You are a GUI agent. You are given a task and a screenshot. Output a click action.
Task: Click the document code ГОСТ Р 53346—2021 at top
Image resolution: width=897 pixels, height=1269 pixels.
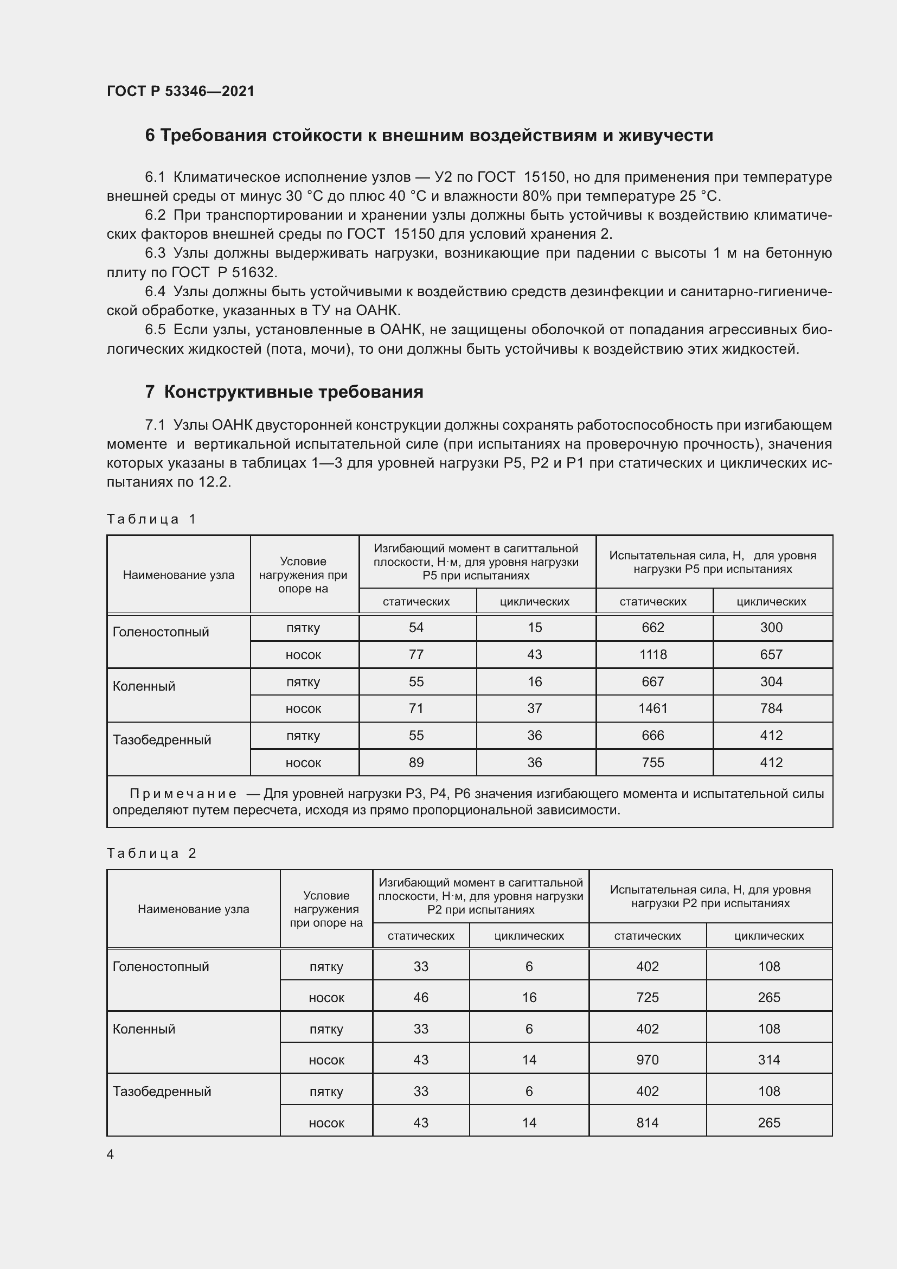181,91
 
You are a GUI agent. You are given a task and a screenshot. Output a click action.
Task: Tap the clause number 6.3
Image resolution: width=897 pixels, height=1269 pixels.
155,253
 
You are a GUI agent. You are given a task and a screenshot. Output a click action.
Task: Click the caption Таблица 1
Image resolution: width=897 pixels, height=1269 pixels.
151,519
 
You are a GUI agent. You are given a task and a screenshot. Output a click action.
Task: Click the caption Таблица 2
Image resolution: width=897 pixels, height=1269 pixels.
151,853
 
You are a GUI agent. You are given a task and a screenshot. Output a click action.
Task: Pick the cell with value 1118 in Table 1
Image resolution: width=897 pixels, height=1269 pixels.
653,654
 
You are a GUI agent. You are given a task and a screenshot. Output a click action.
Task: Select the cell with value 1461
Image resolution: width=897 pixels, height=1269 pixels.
653,708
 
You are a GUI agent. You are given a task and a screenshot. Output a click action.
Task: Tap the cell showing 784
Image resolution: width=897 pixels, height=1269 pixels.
771,708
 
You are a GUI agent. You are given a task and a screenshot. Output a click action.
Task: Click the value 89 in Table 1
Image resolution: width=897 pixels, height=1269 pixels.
416,762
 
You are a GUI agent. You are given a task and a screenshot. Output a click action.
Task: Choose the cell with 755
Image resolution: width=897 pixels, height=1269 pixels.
653,762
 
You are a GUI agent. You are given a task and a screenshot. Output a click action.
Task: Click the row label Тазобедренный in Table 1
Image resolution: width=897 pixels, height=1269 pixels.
162,739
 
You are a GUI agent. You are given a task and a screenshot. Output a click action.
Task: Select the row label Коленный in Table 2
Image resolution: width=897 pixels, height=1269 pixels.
144,1029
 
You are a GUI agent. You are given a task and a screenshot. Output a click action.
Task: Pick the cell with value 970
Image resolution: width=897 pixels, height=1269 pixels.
648,1060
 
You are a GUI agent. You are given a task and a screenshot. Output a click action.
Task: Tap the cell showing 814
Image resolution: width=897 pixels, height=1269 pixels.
648,1123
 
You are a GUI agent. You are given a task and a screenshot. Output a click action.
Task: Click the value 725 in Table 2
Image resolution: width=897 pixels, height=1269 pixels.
648,997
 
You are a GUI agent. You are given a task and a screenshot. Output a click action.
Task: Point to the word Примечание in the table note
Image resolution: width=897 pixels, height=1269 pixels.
183,794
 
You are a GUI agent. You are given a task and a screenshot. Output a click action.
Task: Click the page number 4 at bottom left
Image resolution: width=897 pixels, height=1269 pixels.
111,1155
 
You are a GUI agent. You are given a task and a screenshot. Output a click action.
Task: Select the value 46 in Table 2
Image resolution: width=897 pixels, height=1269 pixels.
421,997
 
